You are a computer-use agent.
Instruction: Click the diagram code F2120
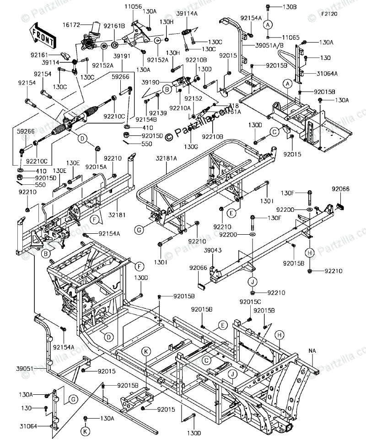click(328, 14)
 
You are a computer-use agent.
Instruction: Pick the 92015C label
click(250, 302)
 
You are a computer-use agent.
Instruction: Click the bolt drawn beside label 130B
click(268, 7)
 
